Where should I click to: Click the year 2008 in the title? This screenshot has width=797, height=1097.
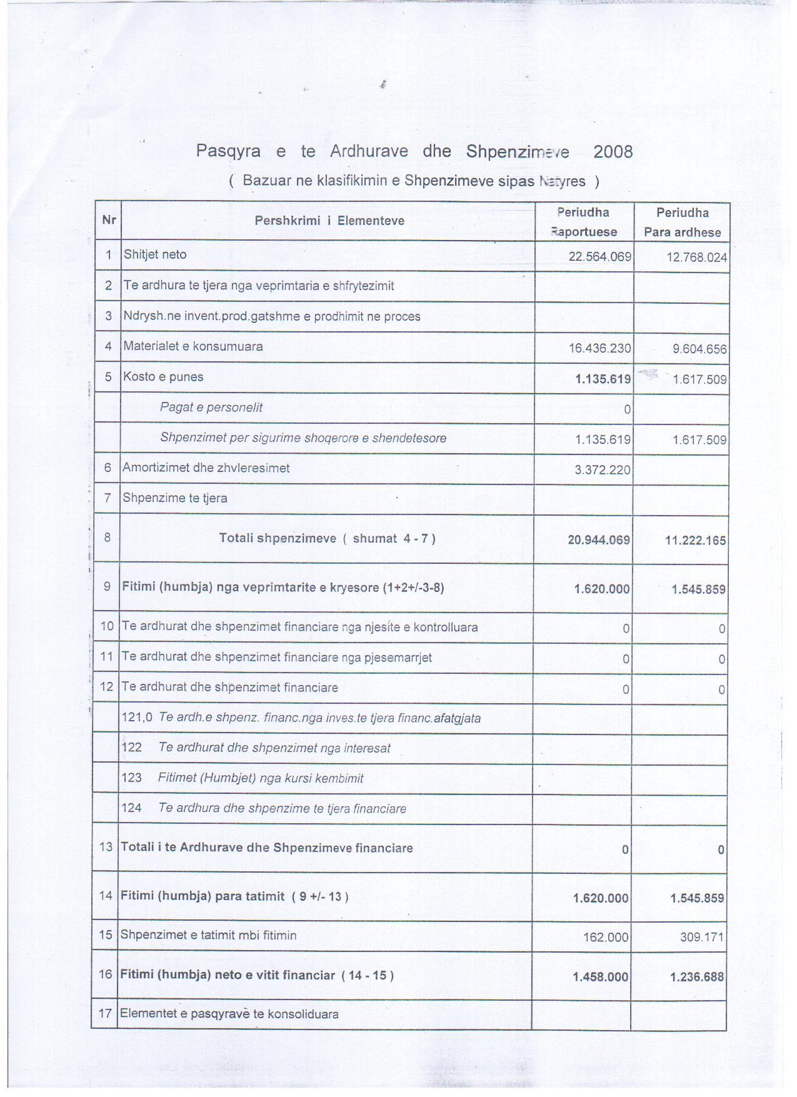[x=613, y=152]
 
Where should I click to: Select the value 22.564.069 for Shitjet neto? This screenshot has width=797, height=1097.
[x=599, y=257]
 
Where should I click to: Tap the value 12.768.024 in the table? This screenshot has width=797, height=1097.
[x=696, y=258]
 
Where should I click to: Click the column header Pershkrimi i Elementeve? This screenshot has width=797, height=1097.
[x=329, y=221]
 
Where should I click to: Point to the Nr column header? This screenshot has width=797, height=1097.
[x=109, y=220]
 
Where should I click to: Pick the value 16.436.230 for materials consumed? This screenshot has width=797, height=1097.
[x=599, y=348]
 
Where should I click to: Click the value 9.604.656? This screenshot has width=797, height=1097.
[x=699, y=349]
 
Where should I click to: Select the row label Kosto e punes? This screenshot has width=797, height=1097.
[x=163, y=377]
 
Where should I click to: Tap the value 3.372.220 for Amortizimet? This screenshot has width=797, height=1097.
[x=603, y=469]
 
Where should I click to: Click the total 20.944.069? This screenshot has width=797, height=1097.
[x=598, y=540]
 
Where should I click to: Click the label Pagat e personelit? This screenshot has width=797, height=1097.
[x=211, y=408]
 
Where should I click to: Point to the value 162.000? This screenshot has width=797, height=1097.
[x=605, y=938]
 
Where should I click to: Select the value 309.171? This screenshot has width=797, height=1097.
[x=702, y=938]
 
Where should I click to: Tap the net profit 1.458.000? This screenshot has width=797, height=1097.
[x=600, y=977]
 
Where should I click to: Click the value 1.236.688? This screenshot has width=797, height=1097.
[x=696, y=977]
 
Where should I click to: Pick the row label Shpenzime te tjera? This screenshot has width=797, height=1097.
[x=174, y=498]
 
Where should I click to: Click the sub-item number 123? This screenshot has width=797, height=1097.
[x=131, y=778]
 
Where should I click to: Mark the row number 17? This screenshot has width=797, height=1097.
[x=106, y=1013]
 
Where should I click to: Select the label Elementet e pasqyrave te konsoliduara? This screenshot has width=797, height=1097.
[x=229, y=1014]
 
